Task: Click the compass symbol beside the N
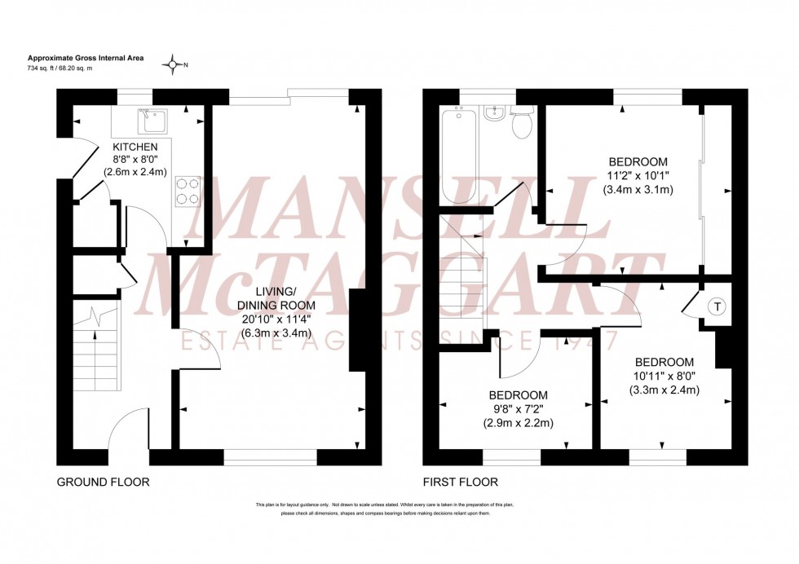tap(173, 64)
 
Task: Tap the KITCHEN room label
tap(135, 147)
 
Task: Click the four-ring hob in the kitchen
tap(188, 191)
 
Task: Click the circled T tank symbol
tap(717, 307)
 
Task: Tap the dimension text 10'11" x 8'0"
tap(665, 376)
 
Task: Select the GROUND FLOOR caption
tap(103, 482)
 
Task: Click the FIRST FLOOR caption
tap(460, 482)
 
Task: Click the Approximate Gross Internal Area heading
tap(77, 58)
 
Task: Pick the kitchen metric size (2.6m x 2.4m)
tap(135, 172)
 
